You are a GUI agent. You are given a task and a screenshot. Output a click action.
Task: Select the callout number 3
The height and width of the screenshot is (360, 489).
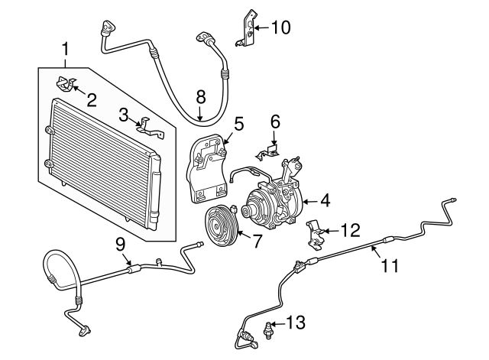pos(124,115)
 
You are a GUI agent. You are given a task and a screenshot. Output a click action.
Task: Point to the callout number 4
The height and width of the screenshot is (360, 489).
pos(325,202)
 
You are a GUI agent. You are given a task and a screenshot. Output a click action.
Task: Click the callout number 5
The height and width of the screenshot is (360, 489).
pos(238,122)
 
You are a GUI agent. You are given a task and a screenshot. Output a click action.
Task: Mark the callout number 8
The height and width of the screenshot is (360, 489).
pos(201,96)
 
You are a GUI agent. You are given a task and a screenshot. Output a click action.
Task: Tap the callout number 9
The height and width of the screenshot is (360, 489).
pos(121,245)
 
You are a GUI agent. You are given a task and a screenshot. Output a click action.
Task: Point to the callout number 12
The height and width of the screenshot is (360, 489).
pos(349,228)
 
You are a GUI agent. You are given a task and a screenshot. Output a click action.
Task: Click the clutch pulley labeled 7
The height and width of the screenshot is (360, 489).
pos(221,228)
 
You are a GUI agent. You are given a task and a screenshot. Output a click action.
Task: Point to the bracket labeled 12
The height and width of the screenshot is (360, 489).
pos(316,234)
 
